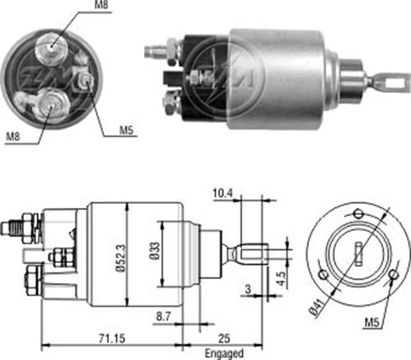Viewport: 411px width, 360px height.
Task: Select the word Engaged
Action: (223, 353)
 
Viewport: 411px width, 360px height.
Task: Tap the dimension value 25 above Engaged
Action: (223, 337)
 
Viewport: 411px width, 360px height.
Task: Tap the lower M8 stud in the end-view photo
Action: (48, 104)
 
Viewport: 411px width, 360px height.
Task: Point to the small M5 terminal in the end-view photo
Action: (86, 81)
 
